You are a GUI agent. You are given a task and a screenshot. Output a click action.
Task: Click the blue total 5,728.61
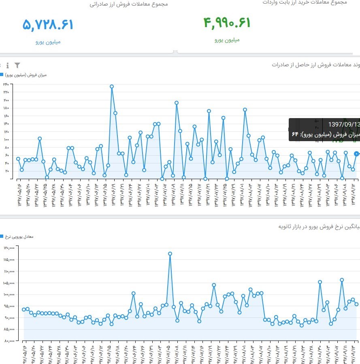point(48,25)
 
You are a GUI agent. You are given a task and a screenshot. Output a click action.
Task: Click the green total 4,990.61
point(227,23)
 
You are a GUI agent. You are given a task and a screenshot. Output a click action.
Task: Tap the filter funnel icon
point(17,65)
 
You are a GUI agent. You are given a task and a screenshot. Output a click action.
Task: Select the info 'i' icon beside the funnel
point(8,65)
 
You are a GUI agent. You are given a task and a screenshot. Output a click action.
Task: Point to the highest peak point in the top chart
point(112,86)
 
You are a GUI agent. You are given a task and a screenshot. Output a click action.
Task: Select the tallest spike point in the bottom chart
point(170,254)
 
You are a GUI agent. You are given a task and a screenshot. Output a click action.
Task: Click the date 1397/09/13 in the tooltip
point(344,125)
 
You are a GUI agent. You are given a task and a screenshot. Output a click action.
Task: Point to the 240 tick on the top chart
point(6,85)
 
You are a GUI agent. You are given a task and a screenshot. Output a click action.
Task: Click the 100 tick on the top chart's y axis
point(6,140)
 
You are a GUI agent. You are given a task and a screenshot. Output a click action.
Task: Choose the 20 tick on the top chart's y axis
point(6,171)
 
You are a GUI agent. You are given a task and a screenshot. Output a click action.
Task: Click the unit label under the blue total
point(48,42)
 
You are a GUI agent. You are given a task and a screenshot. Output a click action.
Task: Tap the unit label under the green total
point(227,40)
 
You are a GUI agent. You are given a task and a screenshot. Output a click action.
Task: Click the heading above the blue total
point(129,4)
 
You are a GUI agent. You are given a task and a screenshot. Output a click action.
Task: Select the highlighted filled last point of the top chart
point(356,154)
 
